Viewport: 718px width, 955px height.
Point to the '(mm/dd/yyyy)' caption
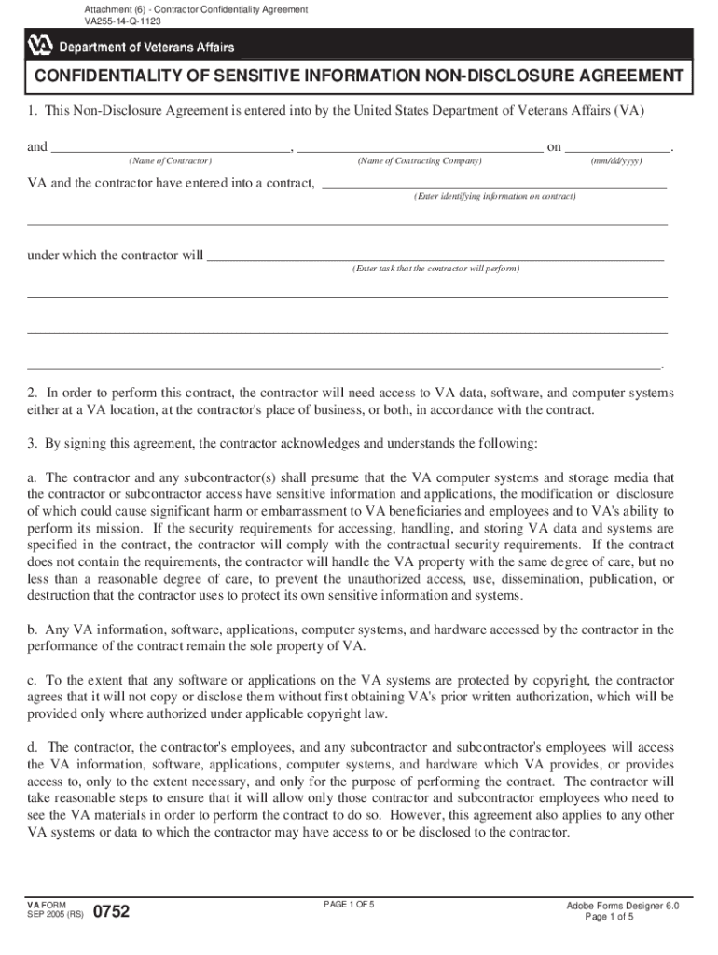616,161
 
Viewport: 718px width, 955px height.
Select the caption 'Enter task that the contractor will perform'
435,269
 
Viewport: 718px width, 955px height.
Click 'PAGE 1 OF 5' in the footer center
349,905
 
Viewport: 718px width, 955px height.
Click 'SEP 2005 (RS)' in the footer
55,915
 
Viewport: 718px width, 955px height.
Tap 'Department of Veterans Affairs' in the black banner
146,47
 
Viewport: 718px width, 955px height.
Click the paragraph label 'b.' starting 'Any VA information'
33,630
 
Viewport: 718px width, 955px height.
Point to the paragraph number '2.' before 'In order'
33,394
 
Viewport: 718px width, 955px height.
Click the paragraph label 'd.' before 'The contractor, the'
33,748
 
